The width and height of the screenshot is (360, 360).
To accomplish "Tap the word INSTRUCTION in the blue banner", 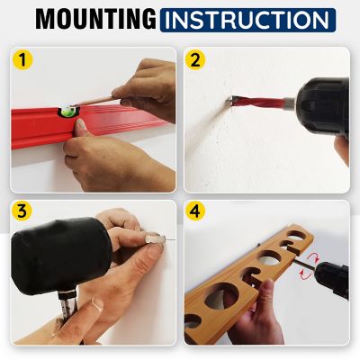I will (247, 20).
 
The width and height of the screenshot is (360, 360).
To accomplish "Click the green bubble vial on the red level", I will (65, 112).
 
